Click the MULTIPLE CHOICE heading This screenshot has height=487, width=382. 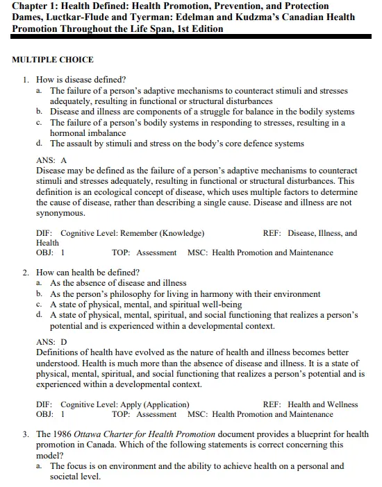53,60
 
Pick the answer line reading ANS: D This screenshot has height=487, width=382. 51,342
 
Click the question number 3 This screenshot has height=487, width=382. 26,434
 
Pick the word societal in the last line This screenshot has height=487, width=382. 66,477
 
